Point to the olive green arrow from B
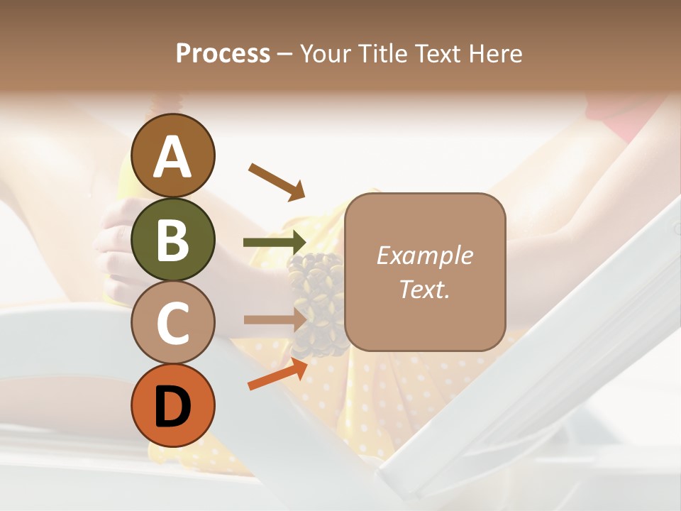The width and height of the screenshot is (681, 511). pos(275,243)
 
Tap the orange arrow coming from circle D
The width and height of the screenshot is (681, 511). pos(277,374)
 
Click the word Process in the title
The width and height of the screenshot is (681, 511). pos(223,54)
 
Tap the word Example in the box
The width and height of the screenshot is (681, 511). pos(424,255)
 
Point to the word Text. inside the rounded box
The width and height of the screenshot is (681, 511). pos(424,289)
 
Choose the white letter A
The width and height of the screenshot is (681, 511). pos(172,156)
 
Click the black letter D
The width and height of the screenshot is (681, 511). pos(172,406)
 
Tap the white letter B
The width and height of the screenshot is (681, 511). pos(172,239)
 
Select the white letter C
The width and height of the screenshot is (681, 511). pos(172,323)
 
